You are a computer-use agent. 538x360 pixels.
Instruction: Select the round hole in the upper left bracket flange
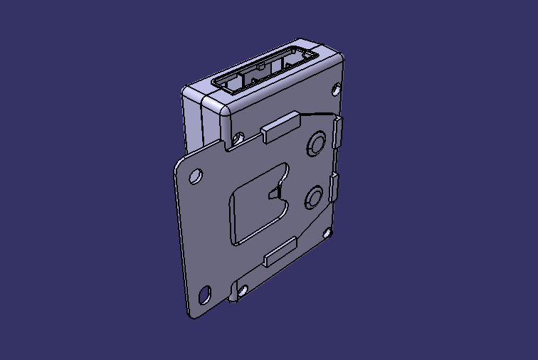pyautogui.click(x=194, y=175)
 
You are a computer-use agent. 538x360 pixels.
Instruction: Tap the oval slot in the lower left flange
pyautogui.click(x=205, y=294)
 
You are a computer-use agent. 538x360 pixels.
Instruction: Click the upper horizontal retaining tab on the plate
pyautogui.click(x=278, y=127)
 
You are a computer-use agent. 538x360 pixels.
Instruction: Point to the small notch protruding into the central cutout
pyautogui.click(x=275, y=191)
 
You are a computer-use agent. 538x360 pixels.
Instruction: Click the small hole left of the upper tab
pyautogui.click(x=239, y=137)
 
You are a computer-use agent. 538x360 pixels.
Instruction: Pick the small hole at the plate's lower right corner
pyautogui.click(x=327, y=231)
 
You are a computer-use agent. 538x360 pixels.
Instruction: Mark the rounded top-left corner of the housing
pyautogui.click(x=186, y=91)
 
